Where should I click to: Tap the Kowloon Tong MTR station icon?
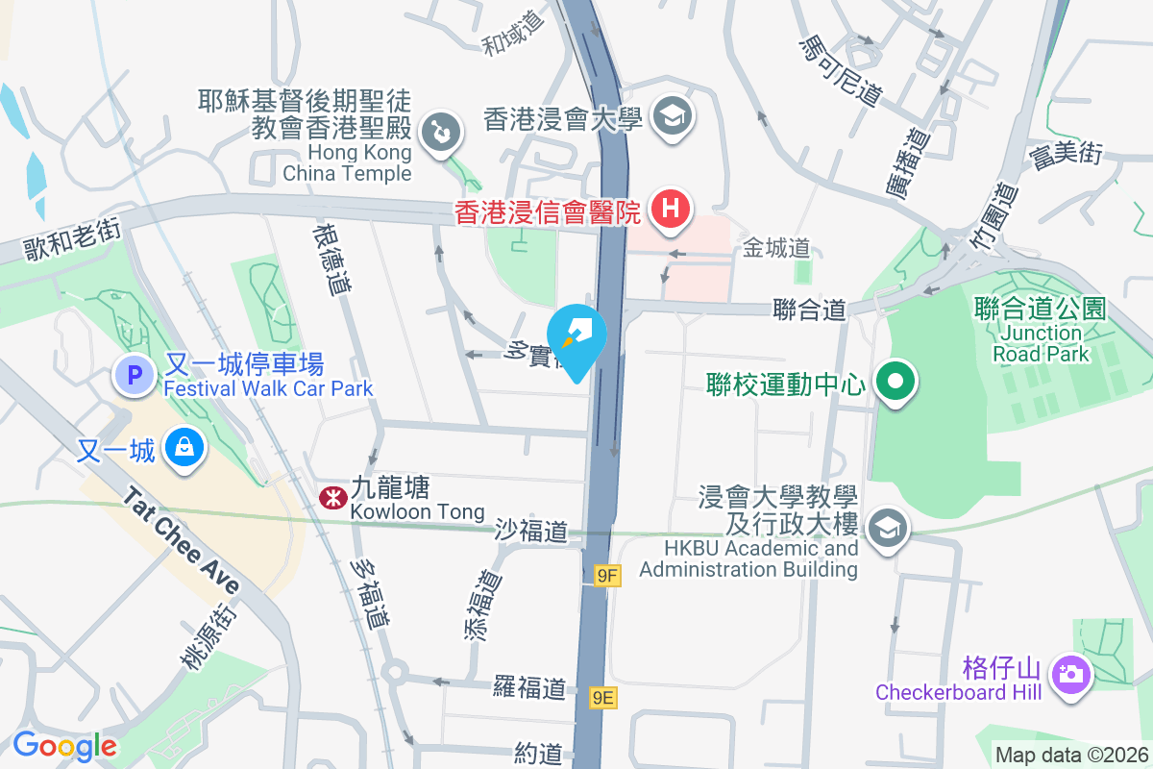(329, 497)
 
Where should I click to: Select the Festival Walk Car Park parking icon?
(134, 375)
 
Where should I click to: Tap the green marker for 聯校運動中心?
(895, 383)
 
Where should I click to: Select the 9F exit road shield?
(607, 576)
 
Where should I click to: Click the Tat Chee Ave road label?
(181, 543)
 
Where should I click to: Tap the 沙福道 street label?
(531, 530)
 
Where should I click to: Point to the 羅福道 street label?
(529, 687)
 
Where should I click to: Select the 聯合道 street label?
(809, 310)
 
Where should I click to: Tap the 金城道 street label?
(776, 249)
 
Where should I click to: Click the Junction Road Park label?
(1040, 343)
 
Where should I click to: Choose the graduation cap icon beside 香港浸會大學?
(672, 117)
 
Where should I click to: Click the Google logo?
(64, 746)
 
